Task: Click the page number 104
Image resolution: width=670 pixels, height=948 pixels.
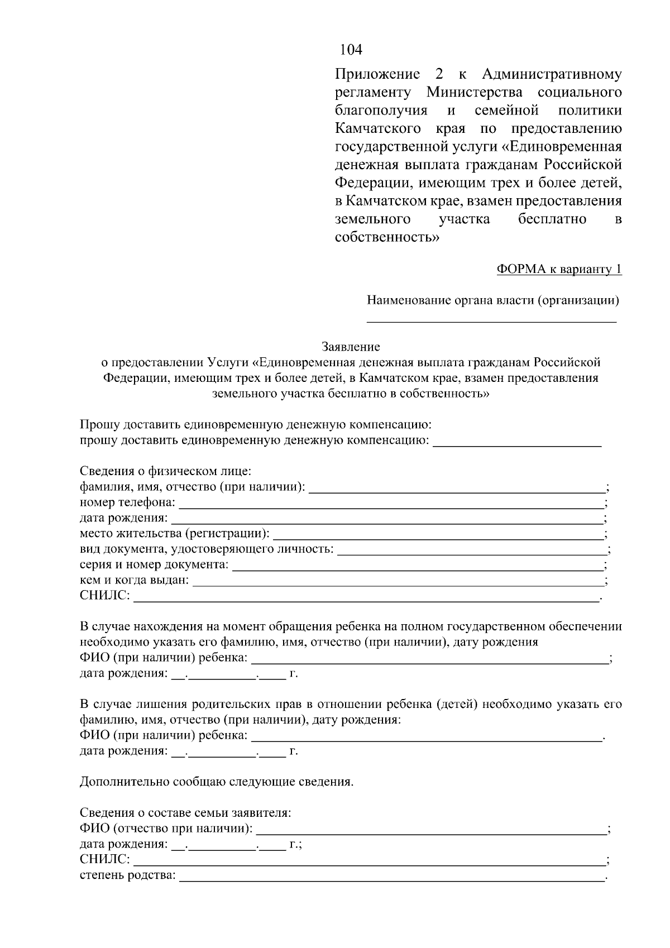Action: pos(351,50)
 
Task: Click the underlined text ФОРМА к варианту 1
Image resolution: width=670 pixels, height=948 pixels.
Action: pos(559,270)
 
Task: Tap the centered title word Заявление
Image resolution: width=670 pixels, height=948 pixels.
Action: pos(351,347)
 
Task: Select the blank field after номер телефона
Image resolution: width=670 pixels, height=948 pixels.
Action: pos(391,504)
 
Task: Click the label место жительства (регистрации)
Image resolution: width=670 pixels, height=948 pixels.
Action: pos(174,534)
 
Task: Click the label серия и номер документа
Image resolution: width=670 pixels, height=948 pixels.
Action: pos(154,565)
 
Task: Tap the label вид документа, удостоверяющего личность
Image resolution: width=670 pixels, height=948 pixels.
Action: pos(207,549)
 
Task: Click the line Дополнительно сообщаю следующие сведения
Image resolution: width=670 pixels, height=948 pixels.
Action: pos(217,782)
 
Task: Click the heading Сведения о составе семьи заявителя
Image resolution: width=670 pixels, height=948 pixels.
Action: pos(185,812)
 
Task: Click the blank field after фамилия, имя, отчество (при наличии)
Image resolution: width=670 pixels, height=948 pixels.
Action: pos(457,488)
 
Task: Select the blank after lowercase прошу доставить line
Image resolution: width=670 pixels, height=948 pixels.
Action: pos(517,442)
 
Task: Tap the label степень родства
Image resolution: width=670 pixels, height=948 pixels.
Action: pos(127,875)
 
